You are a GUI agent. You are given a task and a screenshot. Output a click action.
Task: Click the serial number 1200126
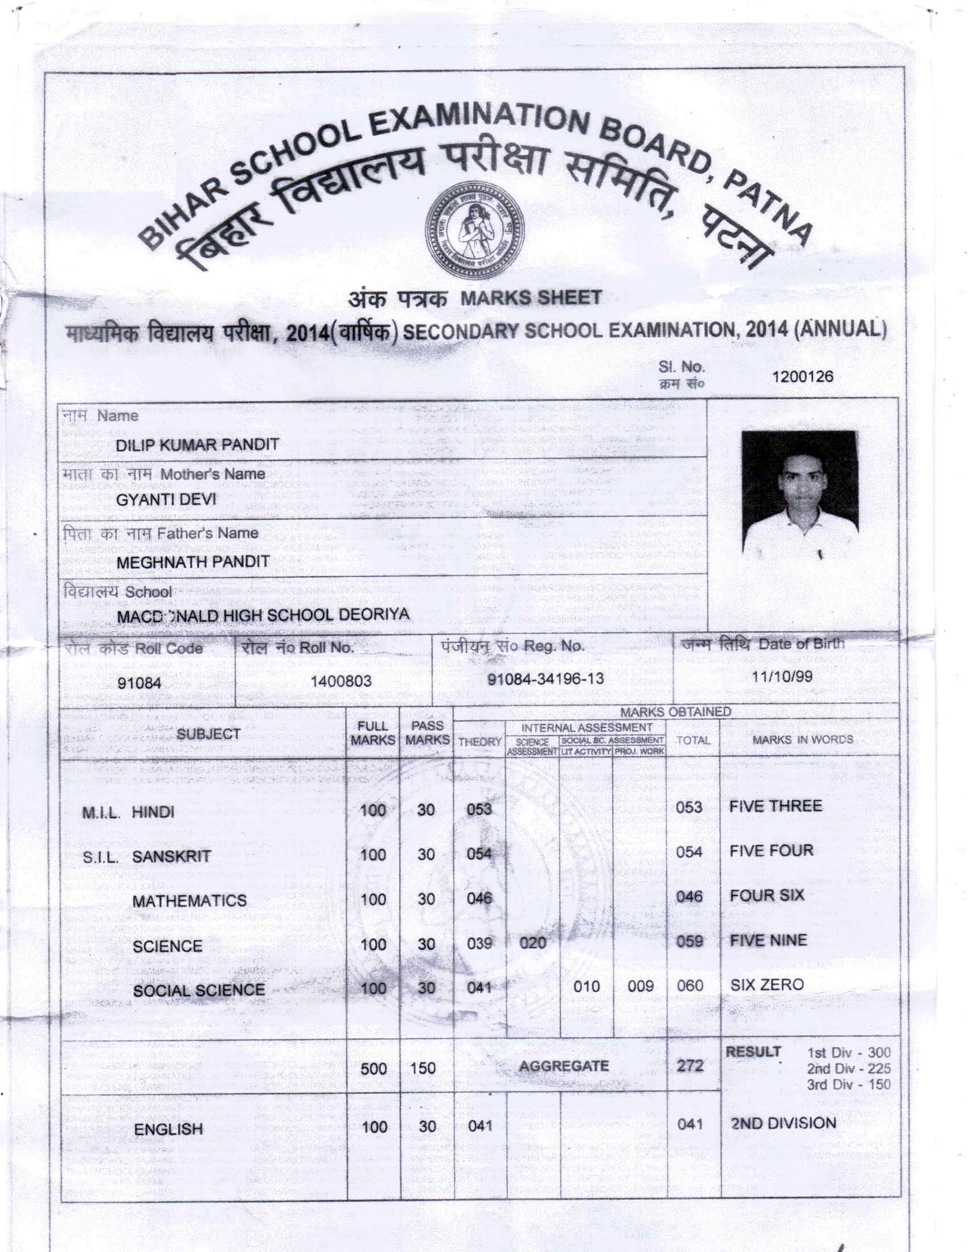[x=802, y=377]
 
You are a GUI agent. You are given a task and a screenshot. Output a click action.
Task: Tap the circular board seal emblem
[x=474, y=233]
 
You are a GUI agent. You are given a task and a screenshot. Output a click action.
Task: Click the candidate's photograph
[x=799, y=493]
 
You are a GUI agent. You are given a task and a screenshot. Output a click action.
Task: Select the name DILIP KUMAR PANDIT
[x=197, y=445]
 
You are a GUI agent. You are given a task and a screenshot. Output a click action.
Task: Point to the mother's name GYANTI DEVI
[x=166, y=500]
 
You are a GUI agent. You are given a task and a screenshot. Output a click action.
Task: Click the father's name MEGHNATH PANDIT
[x=192, y=562]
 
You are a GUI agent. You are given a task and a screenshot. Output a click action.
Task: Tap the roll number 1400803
[x=341, y=681]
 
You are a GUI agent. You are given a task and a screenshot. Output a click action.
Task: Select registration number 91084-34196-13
[x=545, y=679]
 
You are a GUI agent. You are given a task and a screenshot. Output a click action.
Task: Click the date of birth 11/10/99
[x=782, y=677]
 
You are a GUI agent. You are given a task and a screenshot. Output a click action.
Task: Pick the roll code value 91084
[x=140, y=683]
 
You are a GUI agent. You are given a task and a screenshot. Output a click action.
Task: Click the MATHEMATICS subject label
[x=189, y=901]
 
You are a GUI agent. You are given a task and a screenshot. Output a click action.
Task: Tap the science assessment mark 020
[x=532, y=942]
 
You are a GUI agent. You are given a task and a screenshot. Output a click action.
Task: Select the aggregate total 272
[x=690, y=1066]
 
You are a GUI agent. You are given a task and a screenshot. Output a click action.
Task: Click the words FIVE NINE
[x=768, y=941]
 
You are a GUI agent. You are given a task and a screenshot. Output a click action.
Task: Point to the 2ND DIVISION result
[x=784, y=1123]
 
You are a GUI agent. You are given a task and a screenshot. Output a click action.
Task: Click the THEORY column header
[x=480, y=742]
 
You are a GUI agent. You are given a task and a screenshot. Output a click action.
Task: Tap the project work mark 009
[x=640, y=986]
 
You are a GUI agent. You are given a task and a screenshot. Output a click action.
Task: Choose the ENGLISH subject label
[x=168, y=1129]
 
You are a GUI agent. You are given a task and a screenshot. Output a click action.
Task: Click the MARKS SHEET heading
[x=531, y=298]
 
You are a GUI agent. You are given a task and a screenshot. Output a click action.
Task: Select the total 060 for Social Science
[x=690, y=986]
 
